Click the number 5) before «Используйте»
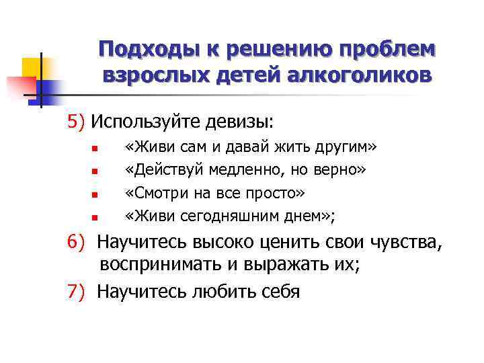[x=75, y=122]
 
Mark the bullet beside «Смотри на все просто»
[x=95, y=195]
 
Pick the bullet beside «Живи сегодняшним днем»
[x=95, y=218]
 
